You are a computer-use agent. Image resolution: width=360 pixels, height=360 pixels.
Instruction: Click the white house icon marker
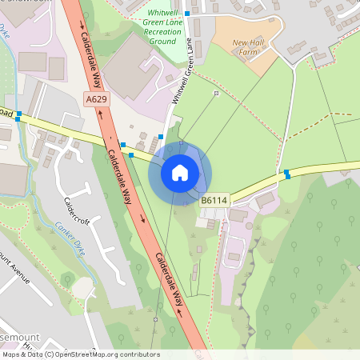coord(180,172)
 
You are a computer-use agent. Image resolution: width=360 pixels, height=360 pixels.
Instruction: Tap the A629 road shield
coord(96,98)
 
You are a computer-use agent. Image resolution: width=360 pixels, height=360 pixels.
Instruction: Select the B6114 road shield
coord(214,200)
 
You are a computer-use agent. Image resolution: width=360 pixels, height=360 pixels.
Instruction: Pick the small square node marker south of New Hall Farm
coord(216,94)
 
